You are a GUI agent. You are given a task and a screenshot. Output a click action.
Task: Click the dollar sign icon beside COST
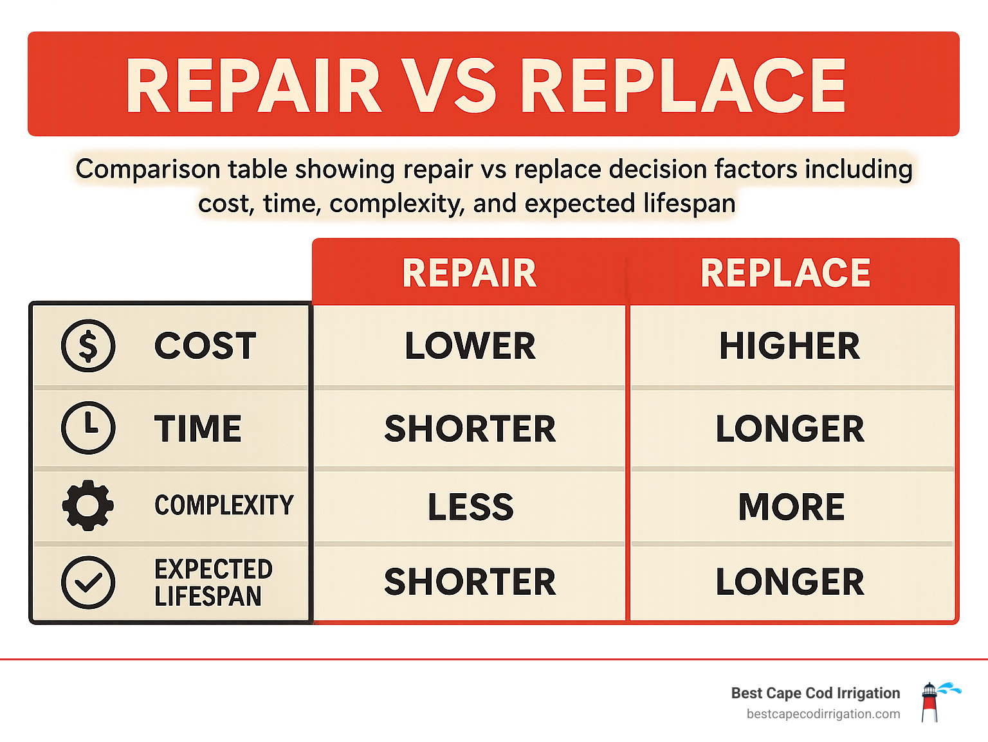[88, 345]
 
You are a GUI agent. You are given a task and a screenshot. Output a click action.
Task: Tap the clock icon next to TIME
[88, 428]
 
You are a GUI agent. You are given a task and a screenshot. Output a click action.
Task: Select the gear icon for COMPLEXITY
[88, 505]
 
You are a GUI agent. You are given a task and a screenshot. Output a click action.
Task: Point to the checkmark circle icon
[88, 583]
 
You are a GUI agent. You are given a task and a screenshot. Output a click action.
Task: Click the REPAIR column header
[469, 273]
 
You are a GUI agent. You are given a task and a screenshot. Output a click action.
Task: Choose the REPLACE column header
[785, 273]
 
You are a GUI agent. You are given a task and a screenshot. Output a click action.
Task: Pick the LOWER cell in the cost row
[470, 346]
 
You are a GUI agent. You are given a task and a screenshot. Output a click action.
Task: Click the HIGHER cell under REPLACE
[789, 346]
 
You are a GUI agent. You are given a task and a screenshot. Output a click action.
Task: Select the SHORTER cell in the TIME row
[470, 429]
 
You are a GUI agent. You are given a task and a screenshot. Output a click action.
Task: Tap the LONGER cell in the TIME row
[790, 429]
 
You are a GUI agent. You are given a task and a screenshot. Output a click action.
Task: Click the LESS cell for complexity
[471, 507]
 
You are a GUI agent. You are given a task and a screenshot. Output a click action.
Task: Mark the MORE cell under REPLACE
[791, 507]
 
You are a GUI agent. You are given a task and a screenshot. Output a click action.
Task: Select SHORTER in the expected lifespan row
[470, 582]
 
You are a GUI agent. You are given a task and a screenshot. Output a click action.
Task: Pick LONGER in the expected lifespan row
[790, 582]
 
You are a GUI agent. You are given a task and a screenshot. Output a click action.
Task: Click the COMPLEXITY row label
[224, 505]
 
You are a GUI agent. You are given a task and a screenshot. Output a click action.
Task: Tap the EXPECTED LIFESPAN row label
[213, 583]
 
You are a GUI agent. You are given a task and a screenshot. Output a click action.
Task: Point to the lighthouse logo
[931, 701]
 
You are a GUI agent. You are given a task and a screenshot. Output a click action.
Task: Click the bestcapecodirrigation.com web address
[823, 714]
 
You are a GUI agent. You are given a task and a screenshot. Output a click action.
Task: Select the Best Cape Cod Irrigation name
[816, 693]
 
